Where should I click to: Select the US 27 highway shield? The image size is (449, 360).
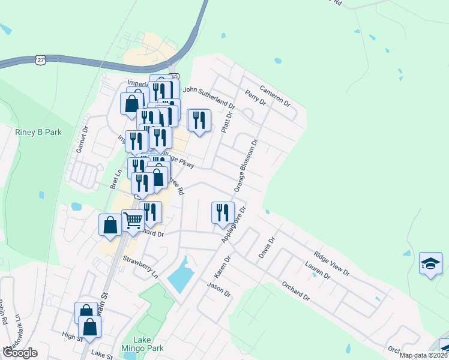click(x=40, y=59)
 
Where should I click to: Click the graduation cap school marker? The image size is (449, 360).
click(x=430, y=265)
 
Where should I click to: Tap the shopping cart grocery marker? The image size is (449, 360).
click(x=132, y=221)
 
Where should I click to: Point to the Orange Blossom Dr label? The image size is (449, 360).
click(x=246, y=165)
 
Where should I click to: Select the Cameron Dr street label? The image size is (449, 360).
click(x=275, y=95)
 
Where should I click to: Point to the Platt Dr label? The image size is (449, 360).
click(x=226, y=122)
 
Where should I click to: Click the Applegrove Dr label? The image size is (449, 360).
click(x=235, y=224)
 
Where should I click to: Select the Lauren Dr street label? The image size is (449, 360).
click(x=318, y=270)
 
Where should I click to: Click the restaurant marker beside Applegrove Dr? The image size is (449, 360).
click(x=222, y=213)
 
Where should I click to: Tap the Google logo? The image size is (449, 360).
click(x=20, y=353)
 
